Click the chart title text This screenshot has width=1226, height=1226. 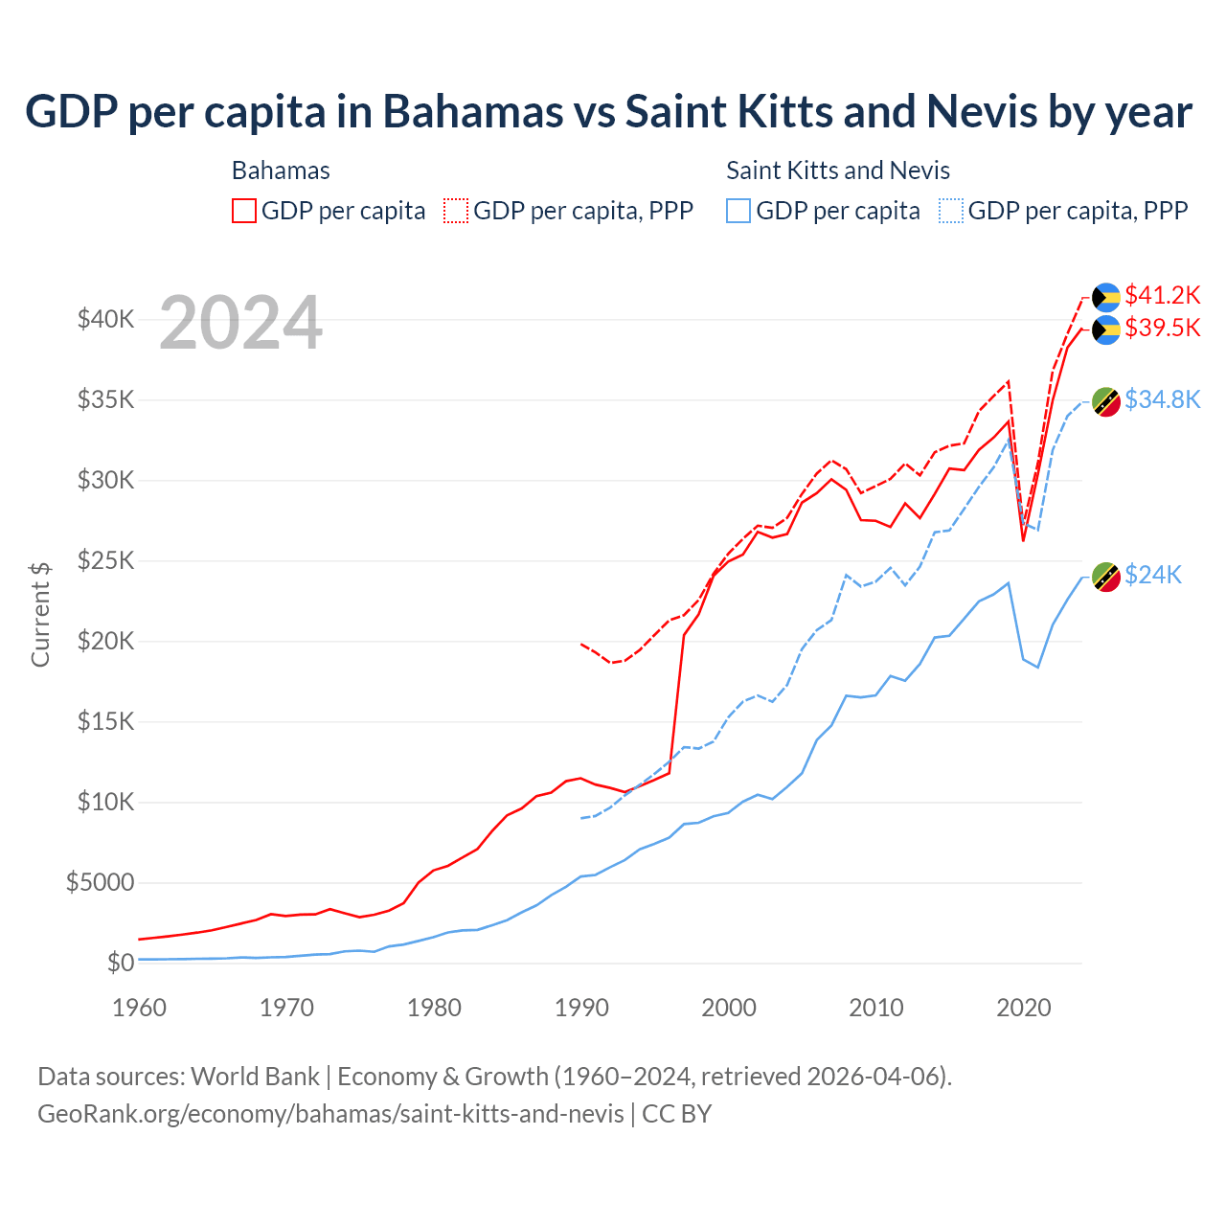(608, 112)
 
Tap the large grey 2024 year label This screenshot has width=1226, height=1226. (240, 324)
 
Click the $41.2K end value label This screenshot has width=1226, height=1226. (1162, 295)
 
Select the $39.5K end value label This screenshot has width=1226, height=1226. (1162, 328)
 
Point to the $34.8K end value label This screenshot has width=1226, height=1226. (1162, 399)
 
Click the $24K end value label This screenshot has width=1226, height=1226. (1152, 575)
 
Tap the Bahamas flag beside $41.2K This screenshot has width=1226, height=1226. (1106, 297)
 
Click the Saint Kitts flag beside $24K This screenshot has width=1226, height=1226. (1106, 577)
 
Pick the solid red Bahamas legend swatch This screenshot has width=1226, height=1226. (244, 211)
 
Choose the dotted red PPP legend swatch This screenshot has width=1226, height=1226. (456, 211)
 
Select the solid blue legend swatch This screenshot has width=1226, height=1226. (738, 211)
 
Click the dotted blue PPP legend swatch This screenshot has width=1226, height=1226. (951, 211)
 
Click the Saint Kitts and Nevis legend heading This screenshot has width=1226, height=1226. (838, 170)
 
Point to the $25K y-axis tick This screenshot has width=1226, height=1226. (105, 560)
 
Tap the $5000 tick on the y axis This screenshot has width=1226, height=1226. (100, 882)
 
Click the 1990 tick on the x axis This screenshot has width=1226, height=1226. (581, 1008)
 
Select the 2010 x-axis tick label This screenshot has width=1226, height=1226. (876, 1008)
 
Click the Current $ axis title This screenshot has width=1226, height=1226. (40, 613)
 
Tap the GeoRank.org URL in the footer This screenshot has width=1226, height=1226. (330, 1114)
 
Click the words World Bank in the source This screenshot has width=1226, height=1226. (255, 1077)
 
